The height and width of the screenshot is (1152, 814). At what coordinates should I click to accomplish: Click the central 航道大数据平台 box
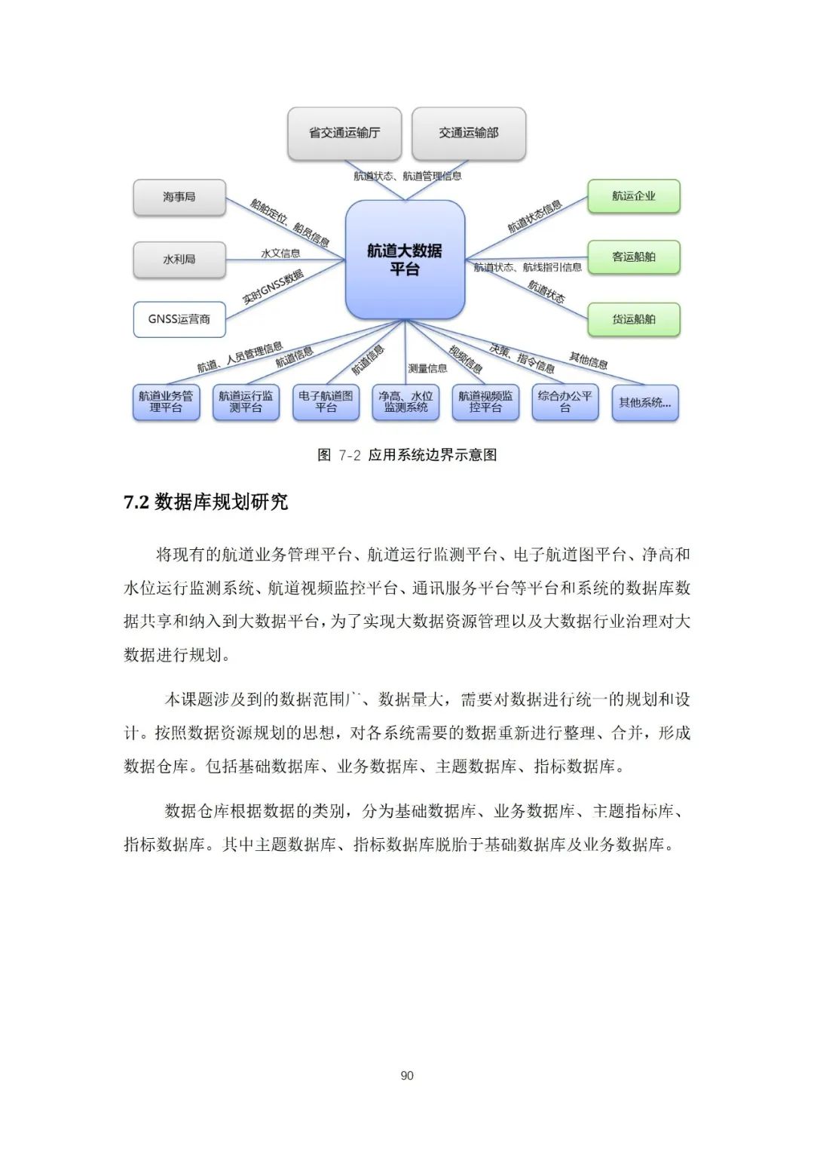(405, 260)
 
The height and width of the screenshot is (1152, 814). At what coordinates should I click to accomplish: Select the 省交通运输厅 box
(344, 133)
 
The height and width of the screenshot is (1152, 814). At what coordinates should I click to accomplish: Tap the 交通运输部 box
(469, 133)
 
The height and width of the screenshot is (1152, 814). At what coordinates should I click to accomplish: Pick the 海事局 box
(179, 197)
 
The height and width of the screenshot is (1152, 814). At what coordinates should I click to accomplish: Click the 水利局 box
(179, 260)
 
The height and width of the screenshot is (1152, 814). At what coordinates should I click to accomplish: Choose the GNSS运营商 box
(179, 319)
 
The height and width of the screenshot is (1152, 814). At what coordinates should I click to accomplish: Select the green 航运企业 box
(634, 196)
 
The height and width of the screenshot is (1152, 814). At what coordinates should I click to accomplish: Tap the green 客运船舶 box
(634, 257)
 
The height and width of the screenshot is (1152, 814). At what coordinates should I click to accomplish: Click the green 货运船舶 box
(634, 319)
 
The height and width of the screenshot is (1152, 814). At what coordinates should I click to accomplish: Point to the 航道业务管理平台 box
(166, 401)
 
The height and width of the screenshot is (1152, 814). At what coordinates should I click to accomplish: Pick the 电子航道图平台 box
(326, 401)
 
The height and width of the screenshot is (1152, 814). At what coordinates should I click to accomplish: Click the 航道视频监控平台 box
(485, 401)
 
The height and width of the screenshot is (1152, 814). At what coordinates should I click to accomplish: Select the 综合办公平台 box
(565, 401)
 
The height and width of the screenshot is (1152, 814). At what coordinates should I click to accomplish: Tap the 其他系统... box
(645, 403)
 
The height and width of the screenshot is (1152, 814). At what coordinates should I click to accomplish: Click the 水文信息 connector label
(280, 253)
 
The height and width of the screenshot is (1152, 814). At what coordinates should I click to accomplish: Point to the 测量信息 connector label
(427, 368)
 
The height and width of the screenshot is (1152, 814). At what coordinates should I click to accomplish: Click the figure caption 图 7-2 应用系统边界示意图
(407, 455)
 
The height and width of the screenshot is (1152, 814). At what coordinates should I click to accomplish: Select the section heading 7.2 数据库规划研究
(206, 502)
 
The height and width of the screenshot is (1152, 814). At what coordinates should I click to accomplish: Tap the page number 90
(407, 1075)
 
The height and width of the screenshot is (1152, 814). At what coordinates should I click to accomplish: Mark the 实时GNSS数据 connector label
(273, 287)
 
